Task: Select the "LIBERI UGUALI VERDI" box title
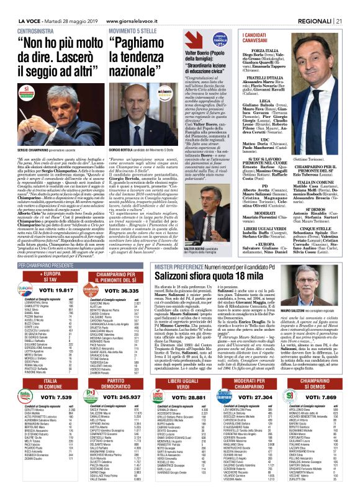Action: (199, 382)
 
